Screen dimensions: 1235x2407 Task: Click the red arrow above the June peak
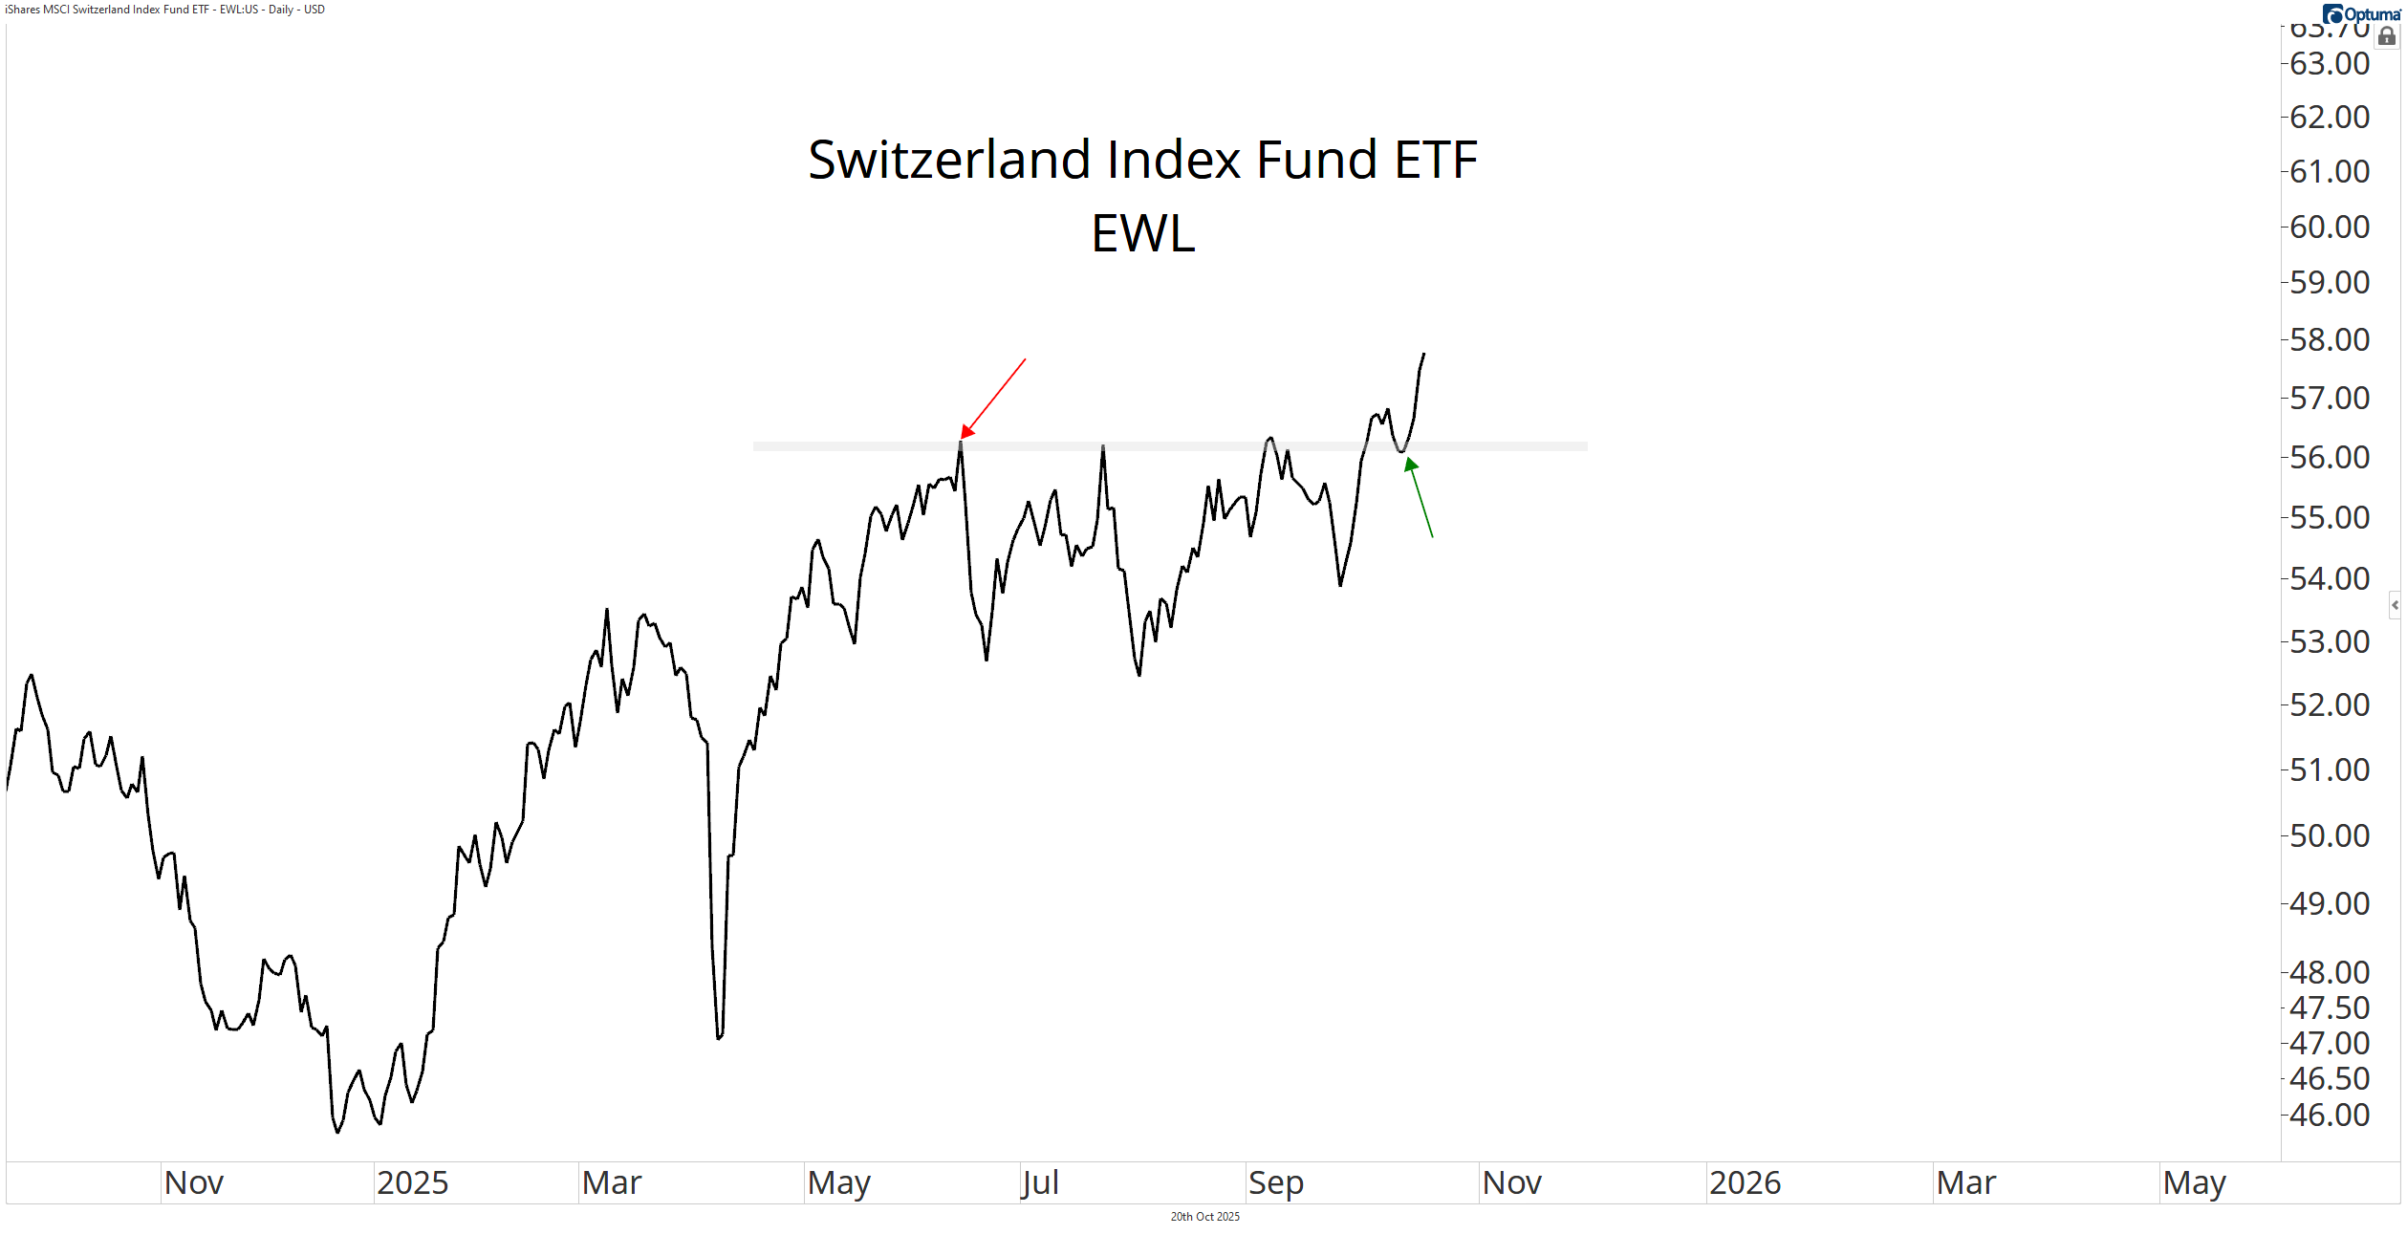(x=992, y=399)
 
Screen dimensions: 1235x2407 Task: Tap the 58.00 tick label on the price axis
(x=2330, y=339)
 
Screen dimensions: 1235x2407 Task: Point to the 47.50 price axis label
(x=2330, y=1007)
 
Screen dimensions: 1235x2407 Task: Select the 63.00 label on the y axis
(x=2330, y=64)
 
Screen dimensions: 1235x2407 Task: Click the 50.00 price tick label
(x=2330, y=835)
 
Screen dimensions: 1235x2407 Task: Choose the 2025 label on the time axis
(x=412, y=1182)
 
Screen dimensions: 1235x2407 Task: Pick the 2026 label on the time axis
(x=1745, y=1182)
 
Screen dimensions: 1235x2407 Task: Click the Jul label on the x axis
(x=1040, y=1182)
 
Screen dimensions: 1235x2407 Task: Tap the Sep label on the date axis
(x=1275, y=1182)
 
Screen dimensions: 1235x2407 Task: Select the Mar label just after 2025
(x=612, y=1182)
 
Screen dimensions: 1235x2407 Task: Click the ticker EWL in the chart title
(x=1143, y=233)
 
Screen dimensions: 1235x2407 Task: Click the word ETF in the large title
(x=1436, y=160)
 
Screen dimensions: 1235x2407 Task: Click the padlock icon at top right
(x=2387, y=36)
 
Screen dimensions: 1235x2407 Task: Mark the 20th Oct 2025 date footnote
(x=1204, y=1217)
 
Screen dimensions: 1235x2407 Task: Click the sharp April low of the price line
(x=719, y=1037)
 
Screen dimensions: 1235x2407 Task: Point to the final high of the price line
(x=1423, y=354)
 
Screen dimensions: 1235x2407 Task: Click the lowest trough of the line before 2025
(x=337, y=1132)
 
